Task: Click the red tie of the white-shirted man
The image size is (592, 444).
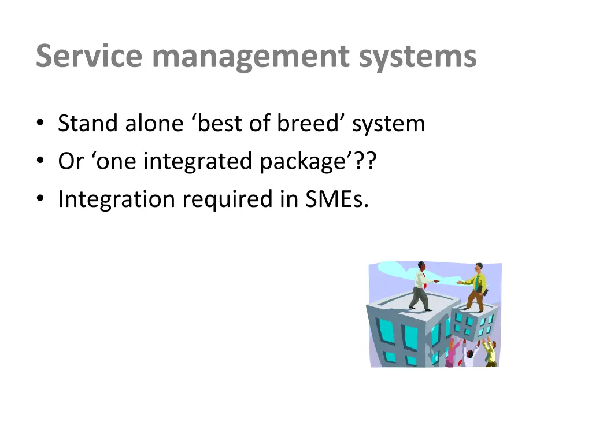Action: pyautogui.click(x=425, y=284)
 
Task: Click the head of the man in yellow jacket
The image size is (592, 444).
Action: pyautogui.click(x=478, y=269)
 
